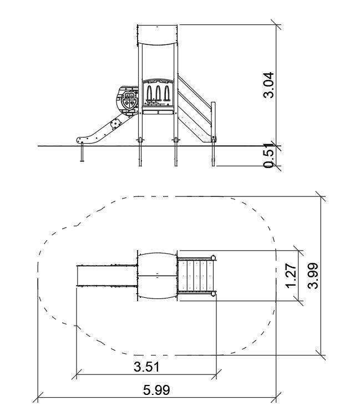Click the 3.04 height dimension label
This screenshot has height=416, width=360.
pyautogui.click(x=268, y=85)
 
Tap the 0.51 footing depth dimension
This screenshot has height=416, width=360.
pyautogui.click(x=268, y=156)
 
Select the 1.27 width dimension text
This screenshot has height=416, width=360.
pyautogui.click(x=291, y=275)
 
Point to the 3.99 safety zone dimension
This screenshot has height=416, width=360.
pyautogui.click(x=313, y=275)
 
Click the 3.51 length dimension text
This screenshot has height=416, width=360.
pyautogui.click(x=146, y=367)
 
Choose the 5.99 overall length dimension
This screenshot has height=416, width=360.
pyautogui.click(x=156, y=390)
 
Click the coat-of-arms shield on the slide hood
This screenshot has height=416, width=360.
pyautogui.click(x=129, y=100)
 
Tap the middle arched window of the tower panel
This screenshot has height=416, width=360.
pyautogui.click(x=158, y=93)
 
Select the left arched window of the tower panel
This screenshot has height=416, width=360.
pyautogui.click(x=150, y=93)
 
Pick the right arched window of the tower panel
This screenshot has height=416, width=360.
pyautogui.click(x=166, y=93)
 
